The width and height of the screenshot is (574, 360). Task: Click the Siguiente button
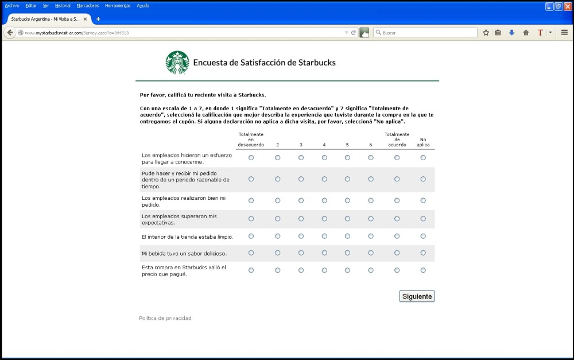(417, 296)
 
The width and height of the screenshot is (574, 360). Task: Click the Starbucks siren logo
(177, 63)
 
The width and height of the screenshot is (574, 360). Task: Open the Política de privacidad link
(165, 318)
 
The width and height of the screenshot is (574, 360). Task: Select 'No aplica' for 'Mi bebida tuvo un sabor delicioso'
(423, 253)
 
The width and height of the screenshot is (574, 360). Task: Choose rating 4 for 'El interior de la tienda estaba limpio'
(324, 236)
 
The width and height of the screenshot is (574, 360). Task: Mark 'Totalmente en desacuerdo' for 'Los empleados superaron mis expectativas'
(251, 218)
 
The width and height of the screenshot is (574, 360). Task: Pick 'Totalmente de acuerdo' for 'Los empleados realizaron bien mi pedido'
(397, 200)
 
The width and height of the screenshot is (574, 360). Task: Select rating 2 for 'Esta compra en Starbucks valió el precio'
(278, 270)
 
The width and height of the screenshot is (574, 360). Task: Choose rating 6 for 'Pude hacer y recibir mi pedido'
(371, 179)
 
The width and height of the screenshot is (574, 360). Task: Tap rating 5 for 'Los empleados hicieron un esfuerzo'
(347, 157)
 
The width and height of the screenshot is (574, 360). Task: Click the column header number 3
(301, 145)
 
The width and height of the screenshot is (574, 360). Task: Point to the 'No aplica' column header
(423, 142)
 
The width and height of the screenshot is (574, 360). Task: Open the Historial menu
(63, 6)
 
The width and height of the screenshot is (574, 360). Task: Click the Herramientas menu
(118, 6)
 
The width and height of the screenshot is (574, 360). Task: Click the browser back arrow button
(10, 33)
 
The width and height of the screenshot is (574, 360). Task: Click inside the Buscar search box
(428, 33)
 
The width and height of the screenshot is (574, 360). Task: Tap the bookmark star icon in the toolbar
(486, 33)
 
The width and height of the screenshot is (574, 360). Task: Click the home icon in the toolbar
(526, 33)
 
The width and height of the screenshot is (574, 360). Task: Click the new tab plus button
(98, 19)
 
